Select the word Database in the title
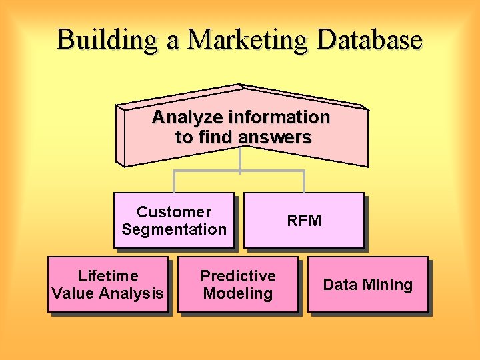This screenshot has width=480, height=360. [x=369, y=39]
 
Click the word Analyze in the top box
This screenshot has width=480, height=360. [x=187, y=118]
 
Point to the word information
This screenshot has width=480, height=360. [x=279, y=118]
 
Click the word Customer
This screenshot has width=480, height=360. [x=174, y=212]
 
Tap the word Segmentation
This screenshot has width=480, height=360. [x=174, y=229]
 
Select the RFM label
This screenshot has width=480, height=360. [x=304, y=221]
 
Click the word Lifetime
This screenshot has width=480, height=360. [x=108, y=276]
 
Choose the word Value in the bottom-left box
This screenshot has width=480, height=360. [x=73, y=293]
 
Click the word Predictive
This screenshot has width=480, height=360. [x=238, y=276]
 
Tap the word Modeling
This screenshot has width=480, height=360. [x=238, y=293]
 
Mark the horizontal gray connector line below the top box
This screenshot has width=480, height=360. [x=239, y=171]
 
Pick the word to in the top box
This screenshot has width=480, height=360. [x=183, y=138]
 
